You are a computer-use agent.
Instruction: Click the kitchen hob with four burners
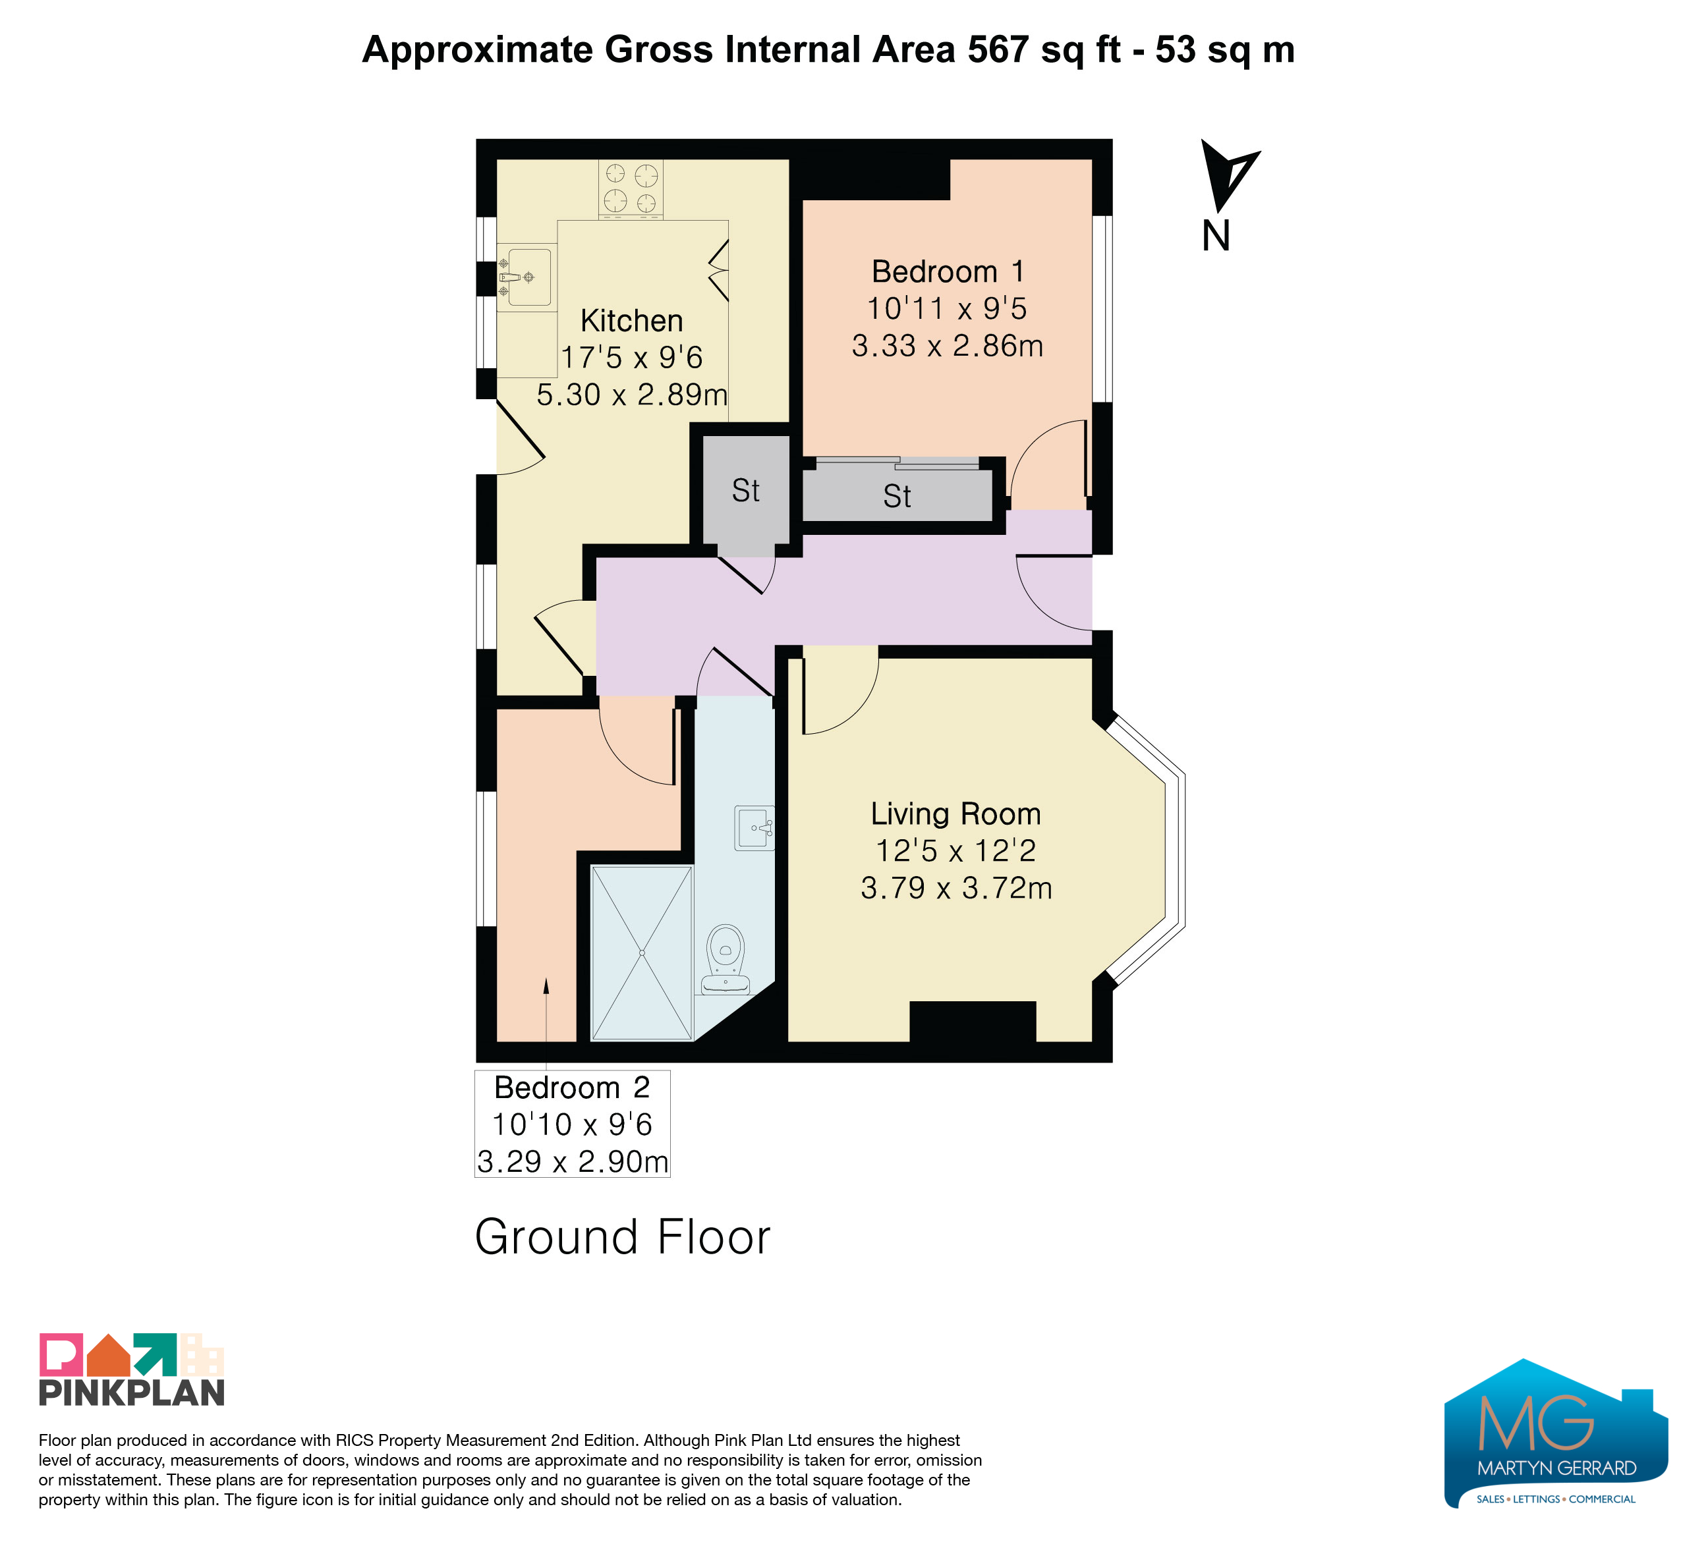coord(631,190)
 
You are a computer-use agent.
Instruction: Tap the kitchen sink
coord(525,277)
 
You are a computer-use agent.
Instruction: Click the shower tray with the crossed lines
coord(642,953)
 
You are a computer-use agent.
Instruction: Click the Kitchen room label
coord(632,321)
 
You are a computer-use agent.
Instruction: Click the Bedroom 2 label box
coord(573,1124)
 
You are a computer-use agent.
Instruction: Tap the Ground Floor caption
coord(623,1237)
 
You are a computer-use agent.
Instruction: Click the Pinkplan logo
coord(131,1370)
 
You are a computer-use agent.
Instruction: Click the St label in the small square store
coord(745,491)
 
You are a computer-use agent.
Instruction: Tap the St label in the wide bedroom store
coord(897,496)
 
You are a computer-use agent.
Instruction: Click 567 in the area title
coord(1000,49)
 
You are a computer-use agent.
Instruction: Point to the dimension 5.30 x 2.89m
coord(632,395)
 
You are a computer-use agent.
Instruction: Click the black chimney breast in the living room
coord(973,1021)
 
